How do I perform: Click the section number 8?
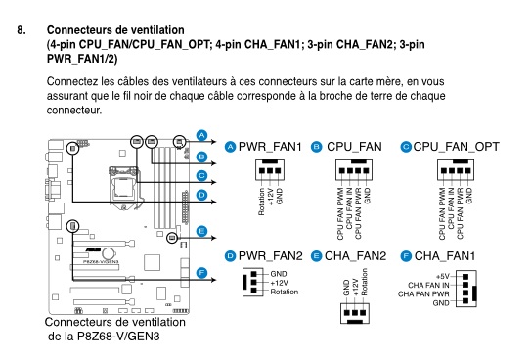[x=21, y=30]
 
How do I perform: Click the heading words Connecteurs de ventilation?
[x=115, y=30]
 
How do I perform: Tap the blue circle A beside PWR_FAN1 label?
[x=230, y=147]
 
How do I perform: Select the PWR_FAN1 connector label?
[x=270, y=147]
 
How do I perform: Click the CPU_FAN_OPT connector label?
[x=456, y=147]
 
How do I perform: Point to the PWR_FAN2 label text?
[x=270, y=256]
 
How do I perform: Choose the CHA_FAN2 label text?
[x=355, y=256]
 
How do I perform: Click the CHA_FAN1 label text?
[x=445, y=256]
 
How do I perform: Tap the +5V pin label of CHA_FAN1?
[x=443, y=276]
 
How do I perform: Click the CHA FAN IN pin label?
[x=428, y=285]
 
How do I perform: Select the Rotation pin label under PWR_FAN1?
[x=261, y=202]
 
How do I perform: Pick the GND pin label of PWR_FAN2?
[x=279, y=274]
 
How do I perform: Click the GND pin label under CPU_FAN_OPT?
[x=468, y=196]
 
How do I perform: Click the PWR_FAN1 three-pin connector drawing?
[x=270, y=169]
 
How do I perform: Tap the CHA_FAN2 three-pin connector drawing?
[x=355, y=313]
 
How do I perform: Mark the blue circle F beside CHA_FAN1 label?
[x=406, y=256]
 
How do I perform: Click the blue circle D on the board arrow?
[x=201, y=195]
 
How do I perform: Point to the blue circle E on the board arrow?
[x=201, y=231]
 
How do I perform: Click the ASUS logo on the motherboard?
[x=93, y=249]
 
